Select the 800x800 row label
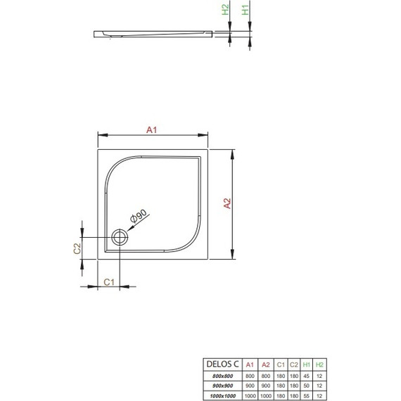click(217, 376)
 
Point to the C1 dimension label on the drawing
click(110, 281)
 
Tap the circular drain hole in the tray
click(119, 238)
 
